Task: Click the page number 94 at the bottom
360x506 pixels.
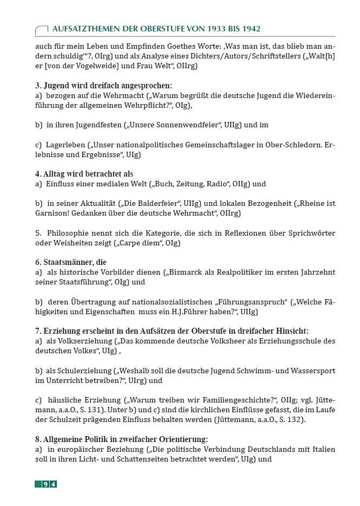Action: click(x=49, y=484)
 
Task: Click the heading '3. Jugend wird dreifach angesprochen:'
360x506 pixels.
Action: click(x=103, y=86)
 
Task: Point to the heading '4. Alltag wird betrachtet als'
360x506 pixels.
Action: click(x=84, y=174)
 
